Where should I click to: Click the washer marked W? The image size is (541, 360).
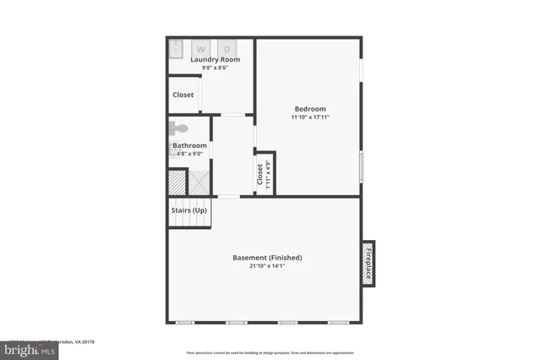pos(201,48)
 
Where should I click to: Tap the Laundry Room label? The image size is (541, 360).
pos(215,60)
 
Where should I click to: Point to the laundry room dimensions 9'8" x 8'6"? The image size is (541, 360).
pos(215,68)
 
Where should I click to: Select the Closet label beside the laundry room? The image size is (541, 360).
pos(183,95)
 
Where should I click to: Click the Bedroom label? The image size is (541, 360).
pos(310,108)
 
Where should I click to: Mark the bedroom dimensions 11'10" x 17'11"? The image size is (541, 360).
pos(310,117)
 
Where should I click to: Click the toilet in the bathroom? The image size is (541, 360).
pos(178,129)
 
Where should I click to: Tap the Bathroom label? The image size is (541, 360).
pos(189,145)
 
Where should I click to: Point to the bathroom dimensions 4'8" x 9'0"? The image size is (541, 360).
pos(189,154)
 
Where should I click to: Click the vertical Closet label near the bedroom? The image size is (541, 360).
pos(260,175)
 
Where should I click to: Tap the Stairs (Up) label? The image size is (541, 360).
pos(189,210)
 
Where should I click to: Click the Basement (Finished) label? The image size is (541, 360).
pos(267,258)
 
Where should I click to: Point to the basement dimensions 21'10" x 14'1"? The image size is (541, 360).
pos(267,266)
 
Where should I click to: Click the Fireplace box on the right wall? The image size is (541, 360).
pos(369,263)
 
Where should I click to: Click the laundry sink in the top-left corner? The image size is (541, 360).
pos(175,47)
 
